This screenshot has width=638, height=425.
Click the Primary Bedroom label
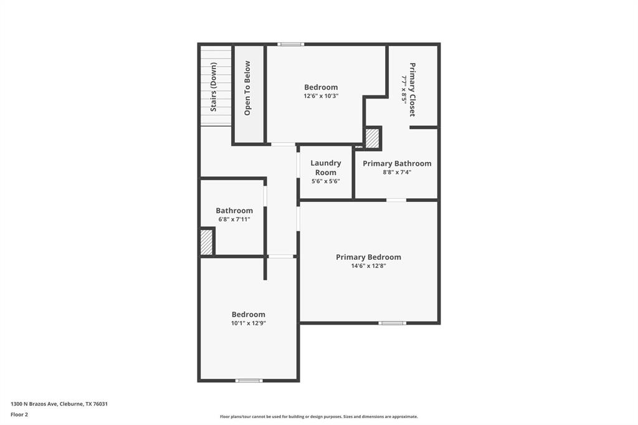pyautogui.click(x=368, y=257)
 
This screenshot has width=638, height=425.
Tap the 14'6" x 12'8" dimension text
pyautogui.click(x=368, y=266)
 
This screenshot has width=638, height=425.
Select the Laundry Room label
pyautogui.click(x=325, y=168)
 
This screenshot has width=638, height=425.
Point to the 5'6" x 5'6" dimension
pyautogui.click(x=325, y=181)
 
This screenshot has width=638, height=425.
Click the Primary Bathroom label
pyautogui.click(x=397, y=163)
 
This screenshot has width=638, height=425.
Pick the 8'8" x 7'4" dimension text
pyautogui.click(x=397, y=172)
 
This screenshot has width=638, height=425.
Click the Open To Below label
pyautogui.click(x=247, y=88)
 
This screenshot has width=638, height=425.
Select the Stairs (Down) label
pyautogui.click(x=214, y=87)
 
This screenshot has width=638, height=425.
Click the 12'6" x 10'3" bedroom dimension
pyautogui.click(x=321, y=96)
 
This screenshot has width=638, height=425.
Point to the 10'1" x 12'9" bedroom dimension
pyautogui.click(x=249, y=323)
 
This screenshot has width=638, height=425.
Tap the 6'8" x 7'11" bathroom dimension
pyautogui.click(x=234, y=219)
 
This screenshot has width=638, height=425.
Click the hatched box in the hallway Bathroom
pyautogui.click(x=206, y=242)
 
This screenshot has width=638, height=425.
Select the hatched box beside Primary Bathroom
pyautogui.click(x=372, y=138)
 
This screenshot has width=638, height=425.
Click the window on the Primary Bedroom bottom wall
pyautogui.click(x=393, y=323)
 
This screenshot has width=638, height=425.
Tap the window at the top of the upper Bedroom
pyautogui.click(x=290, y=44)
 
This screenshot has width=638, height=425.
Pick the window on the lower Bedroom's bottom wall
pyautogui.click(x=249, y=380)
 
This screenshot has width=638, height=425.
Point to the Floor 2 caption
pyautogui.click(x=19, y=414)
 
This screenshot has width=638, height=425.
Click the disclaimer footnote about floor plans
pyautogui.click(x=318, y=416)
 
